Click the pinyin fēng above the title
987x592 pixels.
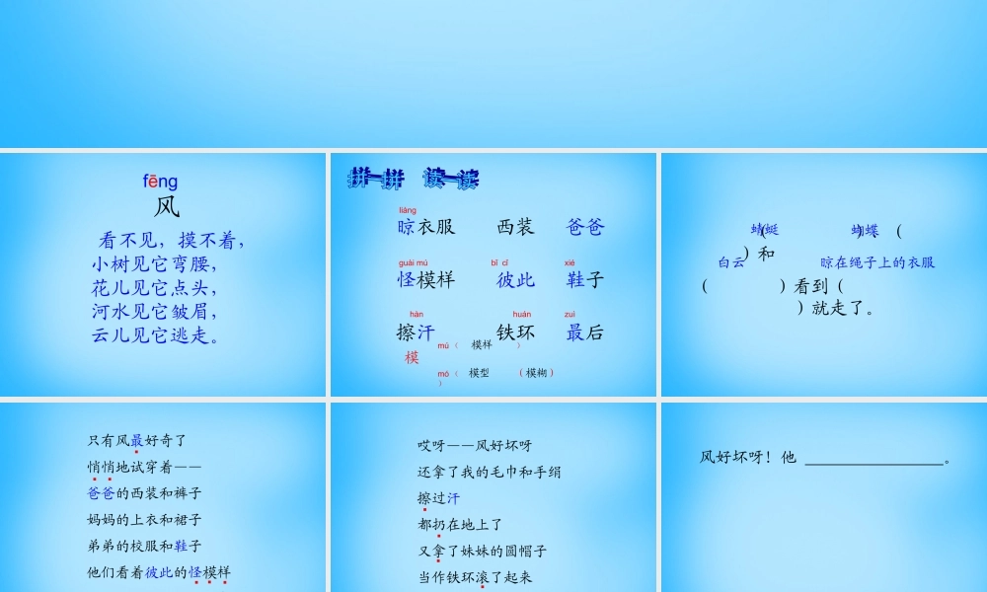click(x=160, y=182)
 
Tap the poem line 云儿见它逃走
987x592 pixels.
click(x=155, y=335)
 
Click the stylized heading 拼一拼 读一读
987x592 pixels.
click(x=413, y=179)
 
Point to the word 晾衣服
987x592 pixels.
click(x=425, y=227)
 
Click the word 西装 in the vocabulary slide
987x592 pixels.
click(x=515, y=227)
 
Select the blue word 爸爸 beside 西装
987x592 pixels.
click(x=584, y=227)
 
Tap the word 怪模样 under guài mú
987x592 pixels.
click(x=425, y=279)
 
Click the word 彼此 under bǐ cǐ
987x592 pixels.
click(x=515, y=279)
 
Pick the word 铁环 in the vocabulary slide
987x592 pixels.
click(x=515, y=333)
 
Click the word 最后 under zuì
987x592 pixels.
click(x=584, y=333)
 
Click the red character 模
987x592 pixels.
click(x=412, y=357)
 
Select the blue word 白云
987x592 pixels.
click(x=731, y=262)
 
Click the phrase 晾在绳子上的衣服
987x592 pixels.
click(x=877, y=262)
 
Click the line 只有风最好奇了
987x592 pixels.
click(x=136, y=440)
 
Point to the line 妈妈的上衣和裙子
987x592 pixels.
click(x=144, y=519)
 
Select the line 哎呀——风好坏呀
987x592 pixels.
click(x=474, y=446)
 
